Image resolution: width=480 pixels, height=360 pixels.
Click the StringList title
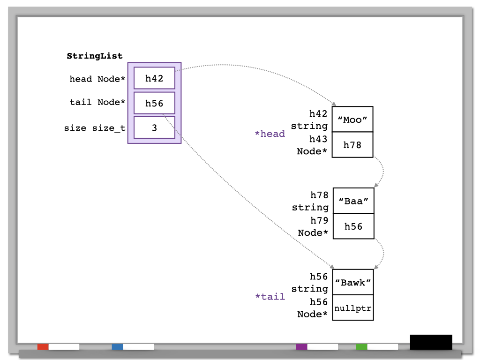pyautogui.click(x=95, y=56)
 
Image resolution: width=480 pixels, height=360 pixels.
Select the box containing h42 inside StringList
pyautogui.click(x=154, y=78)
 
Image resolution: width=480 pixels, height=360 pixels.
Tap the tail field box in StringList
pyautogui.click(x=154, y=103)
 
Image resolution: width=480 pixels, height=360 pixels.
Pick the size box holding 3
pyautogui.click(x=154, y=127)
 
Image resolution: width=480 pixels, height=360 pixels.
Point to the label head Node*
pyautogui.click(x=97, y=79)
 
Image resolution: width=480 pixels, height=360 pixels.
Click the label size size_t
pyautogui.click(x=95, y=128)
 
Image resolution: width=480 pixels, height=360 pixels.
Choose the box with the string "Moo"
pyautogui.click(x=352, y=120)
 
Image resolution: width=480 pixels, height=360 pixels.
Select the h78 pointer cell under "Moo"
pyautogui.click(x=352, y=145)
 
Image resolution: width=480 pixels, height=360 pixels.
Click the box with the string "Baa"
pyautogui.click(x=353, y=201)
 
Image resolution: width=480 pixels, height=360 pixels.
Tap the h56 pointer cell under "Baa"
pyautogui.click(x=353, y=226)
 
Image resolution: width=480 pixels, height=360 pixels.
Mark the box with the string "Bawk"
pyautogui.click(x=353, y=282)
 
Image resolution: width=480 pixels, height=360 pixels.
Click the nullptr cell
pyautogui.click(x=353, y=307)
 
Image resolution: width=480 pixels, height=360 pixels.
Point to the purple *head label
pyautogui.click(x=270, y=134)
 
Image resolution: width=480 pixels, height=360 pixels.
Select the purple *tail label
pyautogui.click(x=270, y=297)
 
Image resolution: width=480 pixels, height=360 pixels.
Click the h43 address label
pyautogui.click(x=318, y=139)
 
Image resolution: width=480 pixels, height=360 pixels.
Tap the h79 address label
pyautogui.click(x=319, y=220)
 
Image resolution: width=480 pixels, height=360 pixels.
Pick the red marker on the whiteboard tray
pyautogui.click(x=43, y=347)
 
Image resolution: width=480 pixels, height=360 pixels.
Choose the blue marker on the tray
pyautogui.click(x=118, y=347)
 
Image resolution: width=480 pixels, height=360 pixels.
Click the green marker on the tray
pyautogui.click(x=361, y=347)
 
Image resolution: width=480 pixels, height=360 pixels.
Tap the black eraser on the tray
pyautogui.click(x=431, y=342)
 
